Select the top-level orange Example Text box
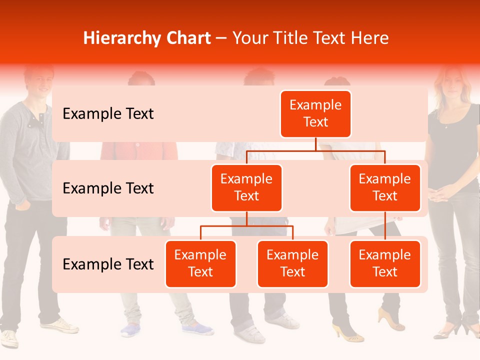[315, 114]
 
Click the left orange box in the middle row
[246, 187]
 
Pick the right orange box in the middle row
[385, 187]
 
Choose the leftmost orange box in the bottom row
[200, 263]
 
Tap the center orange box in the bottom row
[292, 263]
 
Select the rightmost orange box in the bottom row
[385, 263]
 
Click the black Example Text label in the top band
[108, 114]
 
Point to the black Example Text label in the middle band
[108, 188]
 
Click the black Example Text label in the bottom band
[108, 264]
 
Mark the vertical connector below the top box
[315, 144]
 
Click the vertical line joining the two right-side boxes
[385, 226]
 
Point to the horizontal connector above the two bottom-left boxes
[246, 226]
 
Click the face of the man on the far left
[38, 80]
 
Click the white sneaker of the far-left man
[60, 325]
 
